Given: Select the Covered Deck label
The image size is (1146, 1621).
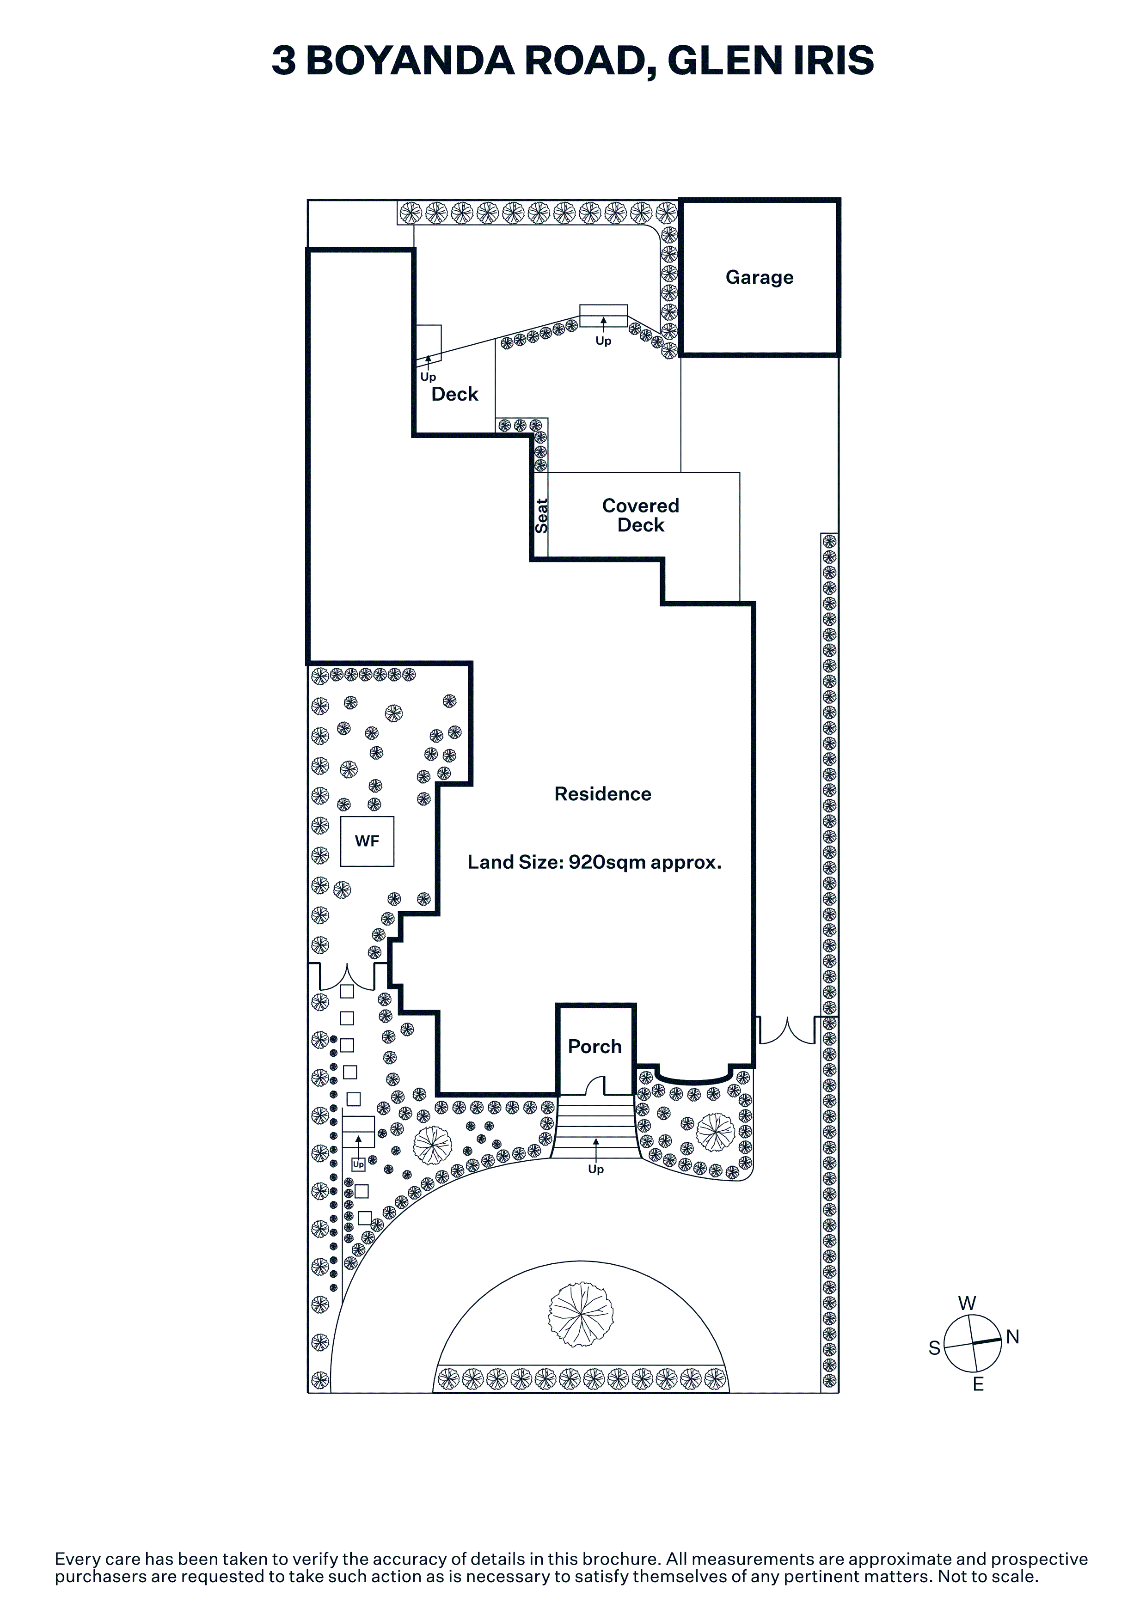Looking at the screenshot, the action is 640,515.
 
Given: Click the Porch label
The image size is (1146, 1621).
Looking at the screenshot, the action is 594,1046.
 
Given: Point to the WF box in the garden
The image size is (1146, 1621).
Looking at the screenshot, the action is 367,841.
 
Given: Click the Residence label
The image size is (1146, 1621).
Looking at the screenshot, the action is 602,794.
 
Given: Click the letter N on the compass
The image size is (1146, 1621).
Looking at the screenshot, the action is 1012,1336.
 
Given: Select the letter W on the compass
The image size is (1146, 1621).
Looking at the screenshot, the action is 968,1303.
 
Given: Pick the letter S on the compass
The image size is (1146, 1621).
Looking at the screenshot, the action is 934,1348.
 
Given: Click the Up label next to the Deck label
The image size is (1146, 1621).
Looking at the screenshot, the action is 428,377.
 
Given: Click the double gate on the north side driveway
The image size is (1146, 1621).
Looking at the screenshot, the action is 787,1030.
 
